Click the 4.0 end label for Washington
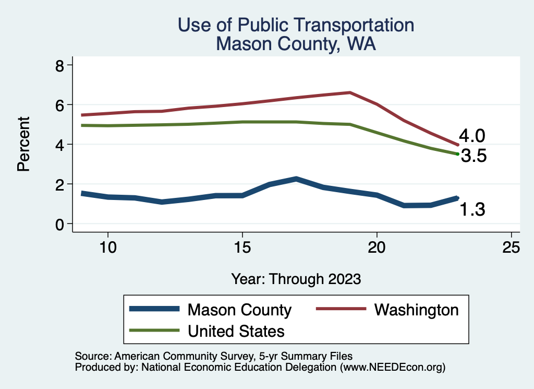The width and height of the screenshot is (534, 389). (x=472, y=136)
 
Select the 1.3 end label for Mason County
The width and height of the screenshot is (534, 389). (x=472, y=209)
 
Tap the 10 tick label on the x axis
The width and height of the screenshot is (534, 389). (x=107, y=247)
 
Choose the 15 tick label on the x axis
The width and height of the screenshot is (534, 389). (x=242, y=247)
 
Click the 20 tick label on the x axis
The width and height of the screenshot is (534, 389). (x=377, y=247)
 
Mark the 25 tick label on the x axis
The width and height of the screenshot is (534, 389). (x=511, y=247)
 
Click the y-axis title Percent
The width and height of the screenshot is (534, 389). (x=23, y=145)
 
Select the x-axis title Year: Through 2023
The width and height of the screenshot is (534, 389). (x=296, y=279)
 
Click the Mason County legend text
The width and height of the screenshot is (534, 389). (x=239, y=310)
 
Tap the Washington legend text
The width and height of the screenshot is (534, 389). (x=416, y=310)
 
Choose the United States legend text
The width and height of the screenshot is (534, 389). (x=236, y=331)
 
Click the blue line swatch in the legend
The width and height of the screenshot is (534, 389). (x=154, y=310)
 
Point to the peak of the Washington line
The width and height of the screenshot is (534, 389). (x=350, y=92)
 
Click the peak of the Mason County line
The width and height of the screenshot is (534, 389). (x=296, y=179)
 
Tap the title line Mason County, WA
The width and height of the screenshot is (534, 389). (x=296, y=44)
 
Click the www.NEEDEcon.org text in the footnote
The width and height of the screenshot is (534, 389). (x=392, y=367)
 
